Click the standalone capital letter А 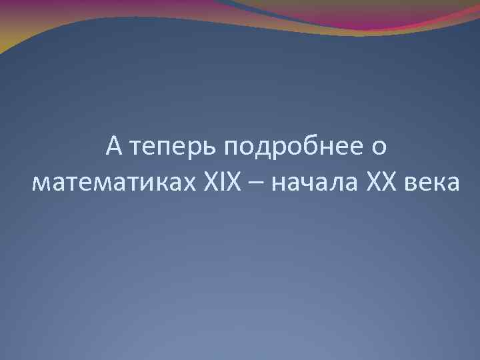pos(114,146)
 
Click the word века pos(432,181)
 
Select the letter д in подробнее pos(264,149)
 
